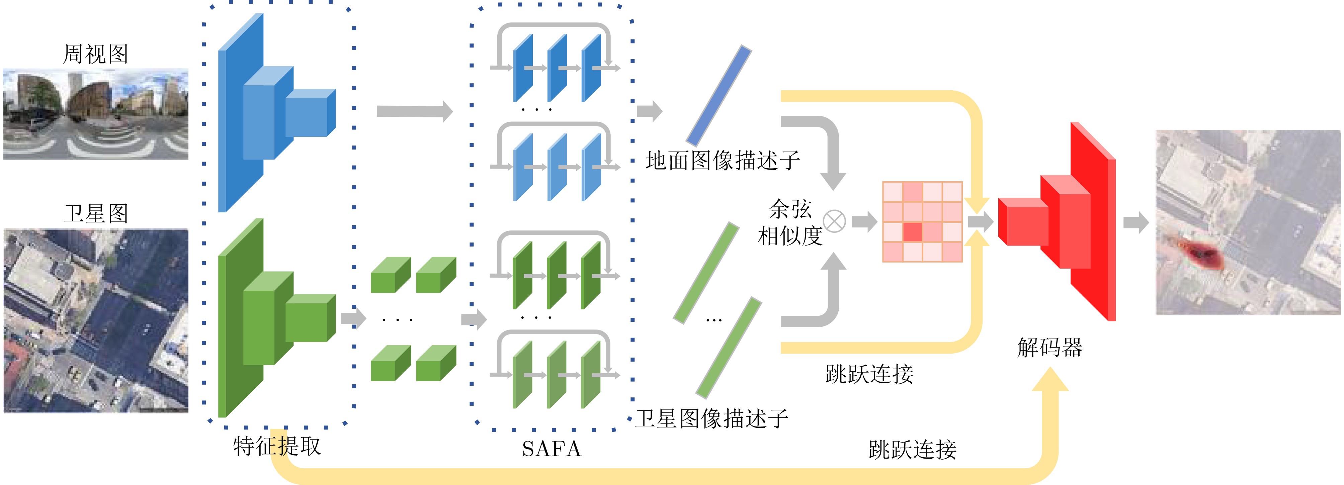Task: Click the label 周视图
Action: [x=95, y=54]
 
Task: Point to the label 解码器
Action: [x=1050, y=347]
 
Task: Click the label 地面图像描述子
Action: [x=723, y=161]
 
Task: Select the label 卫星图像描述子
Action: [x=711, y=418]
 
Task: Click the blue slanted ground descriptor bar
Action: [x=719, y=95]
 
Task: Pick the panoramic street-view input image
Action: [x=95, y=114]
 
